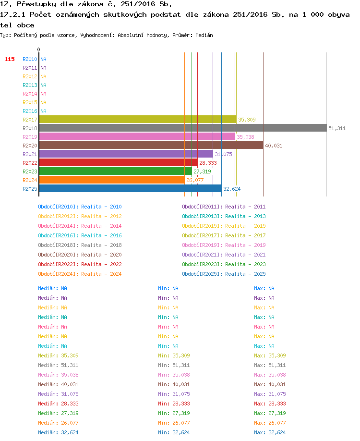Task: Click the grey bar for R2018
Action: [183, 128]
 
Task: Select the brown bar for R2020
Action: [151, 146]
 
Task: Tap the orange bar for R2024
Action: [112, 180]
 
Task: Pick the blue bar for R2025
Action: [131, 189]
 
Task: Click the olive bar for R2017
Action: [138, 119]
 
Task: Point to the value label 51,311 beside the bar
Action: [337, 129]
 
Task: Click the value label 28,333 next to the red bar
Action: [208, 163]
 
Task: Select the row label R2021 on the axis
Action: [30, 154]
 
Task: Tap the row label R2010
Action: [30, 60]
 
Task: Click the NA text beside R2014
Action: [43, 94]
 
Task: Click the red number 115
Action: [10, 60]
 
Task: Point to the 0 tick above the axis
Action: [38, 50]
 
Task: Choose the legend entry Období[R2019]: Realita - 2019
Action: [224, 245]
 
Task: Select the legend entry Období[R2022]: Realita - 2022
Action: [80, 264]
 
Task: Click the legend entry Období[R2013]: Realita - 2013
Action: [224, 216]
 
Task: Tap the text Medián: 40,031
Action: [58, 384]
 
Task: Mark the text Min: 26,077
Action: [174, 423]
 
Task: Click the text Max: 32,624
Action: [270, 432]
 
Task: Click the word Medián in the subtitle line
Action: [204, 36]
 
